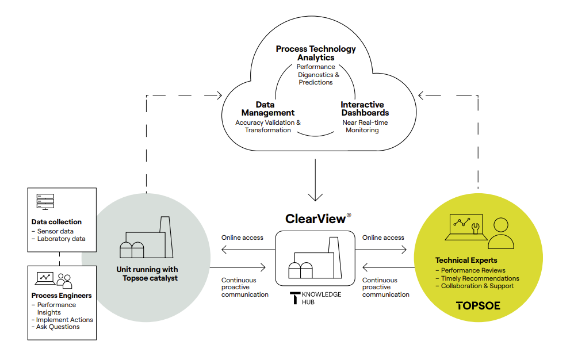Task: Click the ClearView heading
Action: tap(316, 219)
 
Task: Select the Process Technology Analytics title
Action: tap(316, 53)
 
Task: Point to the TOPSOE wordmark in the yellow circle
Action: tap(478, 306)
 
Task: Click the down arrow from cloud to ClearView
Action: tap(316, 181)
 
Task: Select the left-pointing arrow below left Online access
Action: tap(242, 250)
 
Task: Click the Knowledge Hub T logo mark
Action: tap(295, 297)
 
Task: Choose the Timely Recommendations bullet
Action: tap(477, 278)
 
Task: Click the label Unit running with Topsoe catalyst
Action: tap(147, 274)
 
